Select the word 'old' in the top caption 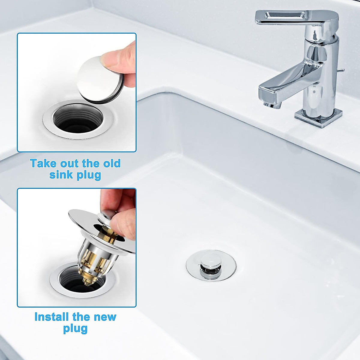(x=111, y=163)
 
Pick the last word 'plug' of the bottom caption (x=75, y=328)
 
